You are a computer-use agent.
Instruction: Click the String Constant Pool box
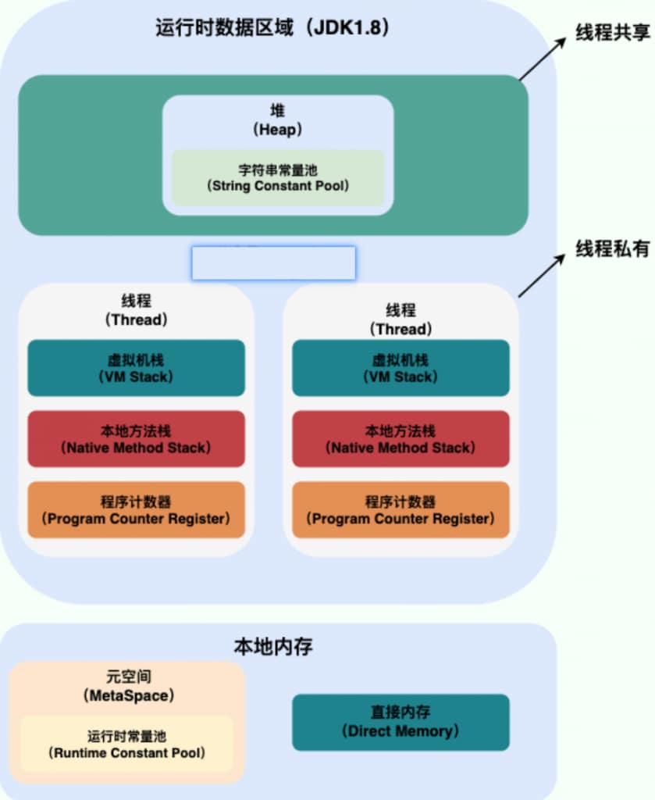coord(278,177)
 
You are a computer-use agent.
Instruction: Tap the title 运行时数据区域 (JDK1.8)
coord(272,29)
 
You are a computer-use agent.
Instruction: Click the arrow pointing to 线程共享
coord(542,59)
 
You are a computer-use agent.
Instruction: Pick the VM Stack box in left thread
coord(136,368)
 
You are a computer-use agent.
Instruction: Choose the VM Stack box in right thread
coord(400,368)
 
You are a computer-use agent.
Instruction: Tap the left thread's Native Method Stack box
coord(136,439)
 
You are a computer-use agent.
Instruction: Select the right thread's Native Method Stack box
coord(400,439)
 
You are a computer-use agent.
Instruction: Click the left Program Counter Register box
coord(136,509)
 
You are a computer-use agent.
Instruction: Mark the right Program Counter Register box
coord(400,509)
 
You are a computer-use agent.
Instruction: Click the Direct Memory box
coord(400,722)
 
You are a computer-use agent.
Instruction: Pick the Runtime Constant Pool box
coord(126,744)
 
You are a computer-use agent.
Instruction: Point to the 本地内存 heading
coord(273,647)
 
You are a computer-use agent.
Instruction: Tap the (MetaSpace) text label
coord(126,695)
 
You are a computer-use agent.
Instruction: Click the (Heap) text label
coord(278,130)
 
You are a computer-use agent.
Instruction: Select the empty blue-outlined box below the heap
coord(273,263)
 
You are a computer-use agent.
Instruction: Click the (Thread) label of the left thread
coord(136,320)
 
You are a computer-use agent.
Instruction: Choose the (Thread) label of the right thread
coord(400,328)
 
